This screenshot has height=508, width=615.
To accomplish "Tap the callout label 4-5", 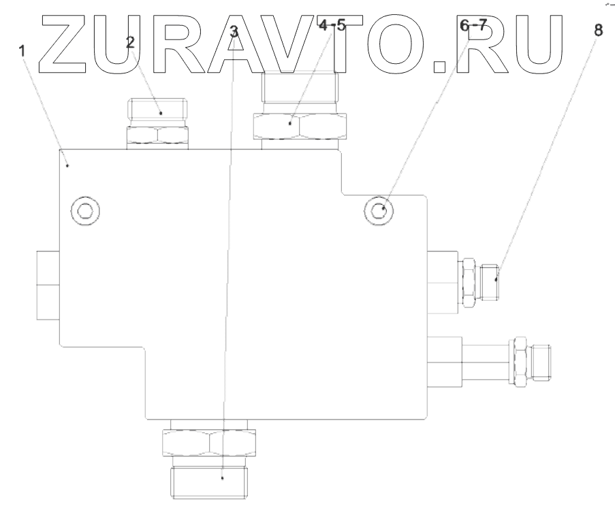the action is tap(332, 27).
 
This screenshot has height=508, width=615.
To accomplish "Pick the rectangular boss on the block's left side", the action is tap(48, 283).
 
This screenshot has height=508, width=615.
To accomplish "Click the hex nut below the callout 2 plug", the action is tap(158, 135).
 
